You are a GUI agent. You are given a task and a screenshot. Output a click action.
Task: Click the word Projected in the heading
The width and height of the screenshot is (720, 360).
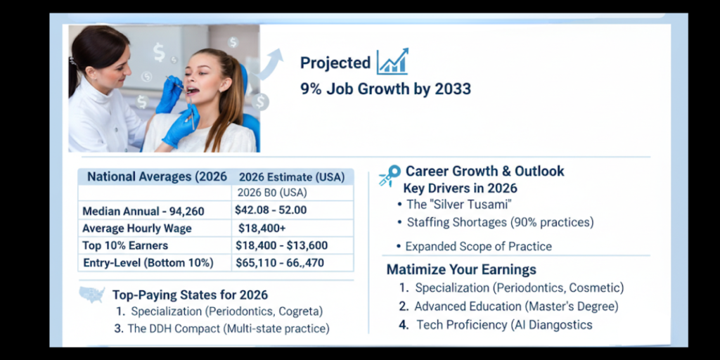pyautogui.click(x=335, y=63)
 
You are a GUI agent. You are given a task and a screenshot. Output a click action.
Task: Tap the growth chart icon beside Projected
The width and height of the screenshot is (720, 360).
pyautogui.click(x=392, y=62)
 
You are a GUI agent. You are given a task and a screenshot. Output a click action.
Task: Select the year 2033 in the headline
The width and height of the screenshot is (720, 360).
pyautogui.click(x=451, y=89)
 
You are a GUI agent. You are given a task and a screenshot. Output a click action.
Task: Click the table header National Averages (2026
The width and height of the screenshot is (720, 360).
pyautogui.click(x=157, y=176)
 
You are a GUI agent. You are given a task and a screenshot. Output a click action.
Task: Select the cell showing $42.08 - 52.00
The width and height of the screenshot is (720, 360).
pyautogui.click(x=271, y=210)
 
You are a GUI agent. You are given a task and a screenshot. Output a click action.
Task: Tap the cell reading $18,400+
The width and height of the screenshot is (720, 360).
pyautogui.click(x=262, y=228)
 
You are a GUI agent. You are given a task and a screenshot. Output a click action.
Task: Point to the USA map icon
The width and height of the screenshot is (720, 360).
pyautogui.click(x=91, y=294)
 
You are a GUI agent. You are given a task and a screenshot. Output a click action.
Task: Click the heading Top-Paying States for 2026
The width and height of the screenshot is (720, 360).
pyautogui.click(x=190, y=295)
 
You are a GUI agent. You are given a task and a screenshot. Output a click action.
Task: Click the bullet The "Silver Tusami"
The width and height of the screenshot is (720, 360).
pyautogui.click(x=458, y=205)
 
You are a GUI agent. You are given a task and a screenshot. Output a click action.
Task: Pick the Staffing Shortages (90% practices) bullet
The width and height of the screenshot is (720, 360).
pyautogui.click(x=500, y=222)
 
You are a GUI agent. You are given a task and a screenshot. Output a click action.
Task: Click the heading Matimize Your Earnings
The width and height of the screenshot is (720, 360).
pyautogui.click(x=461, y=270)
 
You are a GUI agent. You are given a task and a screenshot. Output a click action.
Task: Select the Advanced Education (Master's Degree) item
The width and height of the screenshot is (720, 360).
pyautogui.click(x=516, y=306)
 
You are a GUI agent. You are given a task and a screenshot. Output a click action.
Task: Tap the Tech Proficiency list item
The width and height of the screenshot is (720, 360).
pyautogui.click(x=504, y=324)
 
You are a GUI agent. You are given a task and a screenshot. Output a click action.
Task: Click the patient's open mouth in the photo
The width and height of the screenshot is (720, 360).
pyautogui.click(x=191, y=89)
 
